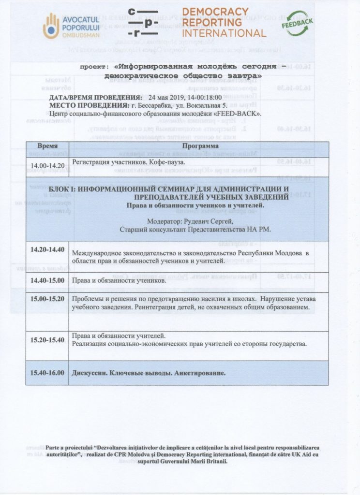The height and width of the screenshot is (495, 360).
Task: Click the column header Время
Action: coord(47,146)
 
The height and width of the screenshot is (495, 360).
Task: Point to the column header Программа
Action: coord(199,146)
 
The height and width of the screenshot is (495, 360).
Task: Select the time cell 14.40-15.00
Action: coord(47,280)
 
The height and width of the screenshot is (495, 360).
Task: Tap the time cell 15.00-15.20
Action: coord(47,298)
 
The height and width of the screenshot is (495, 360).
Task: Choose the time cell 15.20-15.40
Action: coord(47,340)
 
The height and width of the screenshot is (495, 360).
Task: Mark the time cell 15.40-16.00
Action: coord(47,373)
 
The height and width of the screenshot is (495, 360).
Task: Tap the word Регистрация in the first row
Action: coord(93,163)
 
